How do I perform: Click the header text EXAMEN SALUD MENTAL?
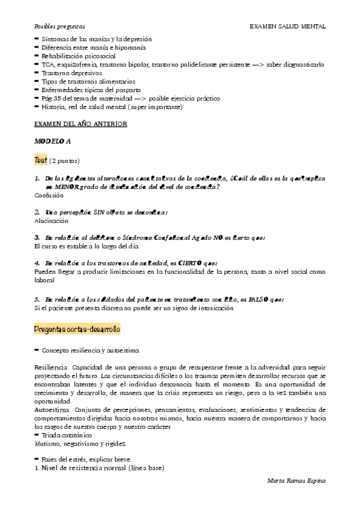288,27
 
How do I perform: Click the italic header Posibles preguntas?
59,27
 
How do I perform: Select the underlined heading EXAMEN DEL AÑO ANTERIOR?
80,124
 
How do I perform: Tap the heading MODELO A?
52,142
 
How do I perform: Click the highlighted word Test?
41,161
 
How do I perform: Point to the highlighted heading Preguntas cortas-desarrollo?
78,330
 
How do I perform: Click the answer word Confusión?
49,195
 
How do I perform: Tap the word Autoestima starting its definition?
51,410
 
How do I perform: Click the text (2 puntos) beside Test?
64,161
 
